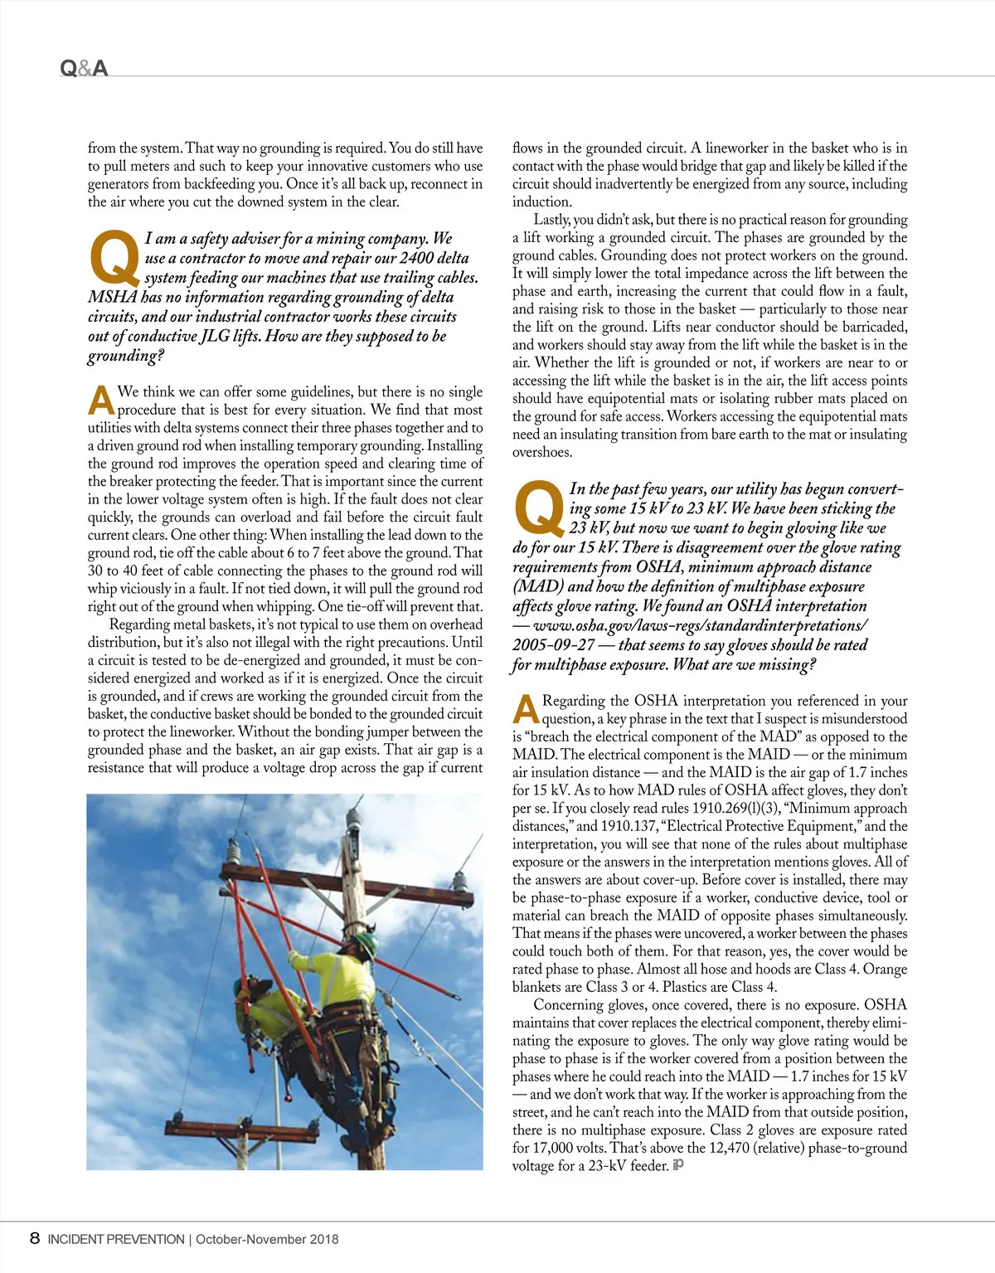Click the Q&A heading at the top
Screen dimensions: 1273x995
point(84,68)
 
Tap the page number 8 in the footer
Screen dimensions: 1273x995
point(34,1238)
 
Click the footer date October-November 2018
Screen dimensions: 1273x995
point(267,1239)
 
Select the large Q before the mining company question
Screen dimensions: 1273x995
point(114,256)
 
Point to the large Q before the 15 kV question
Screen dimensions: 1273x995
point(538,507)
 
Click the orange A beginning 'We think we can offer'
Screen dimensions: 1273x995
point(100,400)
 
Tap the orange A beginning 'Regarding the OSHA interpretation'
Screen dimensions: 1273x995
point(526,709)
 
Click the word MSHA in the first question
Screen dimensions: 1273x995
point(112,297)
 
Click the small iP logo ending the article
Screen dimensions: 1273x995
point(678,1165)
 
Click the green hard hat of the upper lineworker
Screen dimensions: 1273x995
point(367,942)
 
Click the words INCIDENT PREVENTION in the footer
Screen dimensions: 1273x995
point(116,1239)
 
